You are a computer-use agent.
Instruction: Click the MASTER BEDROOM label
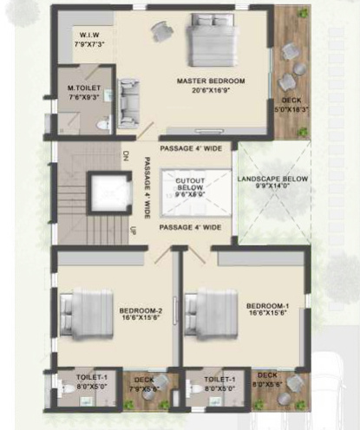pyautogui.click(x=211, y=81)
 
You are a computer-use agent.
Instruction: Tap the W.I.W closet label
pyautogui.click(x=89, y=36)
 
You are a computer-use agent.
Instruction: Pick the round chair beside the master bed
pyautogui.click(x=161, y=31)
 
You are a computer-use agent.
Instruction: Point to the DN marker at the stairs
pyautogui.click(x=126, y=156)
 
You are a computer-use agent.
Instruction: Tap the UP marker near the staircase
pyautogui.click(x=133, y=231)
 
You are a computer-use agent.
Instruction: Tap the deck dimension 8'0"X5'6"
pyautogui.click(x=267, y=382)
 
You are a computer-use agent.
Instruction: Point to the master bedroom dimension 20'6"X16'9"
pyautogui.click(x=211, y=89)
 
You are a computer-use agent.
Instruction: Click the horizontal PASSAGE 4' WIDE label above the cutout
pyautogui.click(x=189, y=147)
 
